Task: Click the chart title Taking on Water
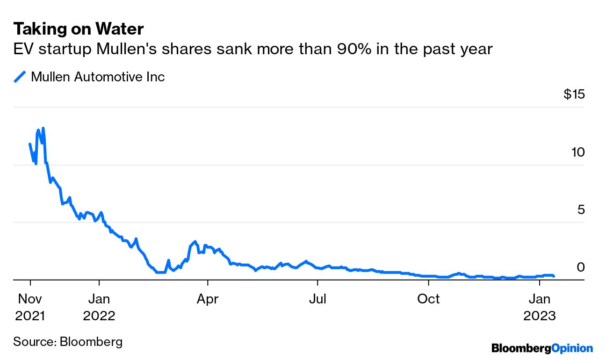pos(78,29)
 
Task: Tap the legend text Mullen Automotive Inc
pos(98,77)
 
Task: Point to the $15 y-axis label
pos(574,95)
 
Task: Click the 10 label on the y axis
pos(578,152)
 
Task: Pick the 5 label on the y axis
pos(581,210)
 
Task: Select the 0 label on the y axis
pos(581,267)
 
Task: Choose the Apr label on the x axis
pos(207,299)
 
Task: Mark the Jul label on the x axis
pos(317,299)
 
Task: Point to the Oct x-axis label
pos(428,299)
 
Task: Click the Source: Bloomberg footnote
pos(68,341)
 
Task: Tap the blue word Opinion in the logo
pos(572,348)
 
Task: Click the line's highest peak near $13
pos(43,128)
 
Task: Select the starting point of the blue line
pos(30,144)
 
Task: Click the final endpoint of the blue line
pos(554,276)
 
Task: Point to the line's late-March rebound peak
pos(195,242)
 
